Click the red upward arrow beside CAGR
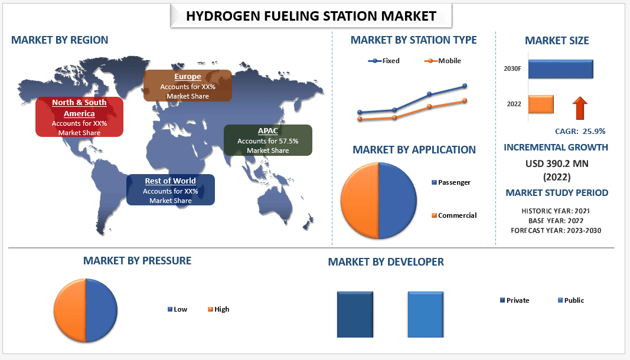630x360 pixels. [580, 108]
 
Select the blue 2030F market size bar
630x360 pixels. [560, 69]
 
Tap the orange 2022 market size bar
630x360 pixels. [541, 104]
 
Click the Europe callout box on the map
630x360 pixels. [188, 86]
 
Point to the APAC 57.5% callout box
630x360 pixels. [268, 140]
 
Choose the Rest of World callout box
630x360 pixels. [171, 190]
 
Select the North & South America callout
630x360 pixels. [79, 117]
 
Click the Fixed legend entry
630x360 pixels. [384, 61]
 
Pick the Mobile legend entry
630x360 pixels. [442, 61]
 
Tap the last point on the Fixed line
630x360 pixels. [465, 86]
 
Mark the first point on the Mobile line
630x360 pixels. [360, 119]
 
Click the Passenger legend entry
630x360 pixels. [451, 182]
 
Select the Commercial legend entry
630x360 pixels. [454, 215]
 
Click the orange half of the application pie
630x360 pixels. [360, 201]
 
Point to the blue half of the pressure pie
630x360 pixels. [101, 310]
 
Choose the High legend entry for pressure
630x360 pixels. [218, 309]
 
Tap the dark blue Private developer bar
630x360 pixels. [355, 315]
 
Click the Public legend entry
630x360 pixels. [571, 300]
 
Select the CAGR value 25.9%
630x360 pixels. [594, 132]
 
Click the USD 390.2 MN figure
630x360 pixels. [557, 163]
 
